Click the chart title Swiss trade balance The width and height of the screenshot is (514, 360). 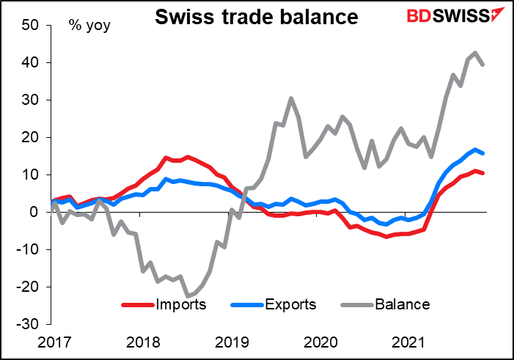tap(256, 17)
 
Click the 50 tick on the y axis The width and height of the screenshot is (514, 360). tap(29, 26)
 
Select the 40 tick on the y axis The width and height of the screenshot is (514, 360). tap(29, 63)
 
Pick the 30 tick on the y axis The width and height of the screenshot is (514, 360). tap(29, 100)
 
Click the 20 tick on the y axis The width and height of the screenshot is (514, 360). tap(29, 138)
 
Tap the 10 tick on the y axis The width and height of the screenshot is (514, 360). tap(29, 175)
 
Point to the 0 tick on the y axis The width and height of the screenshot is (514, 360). tap(34, 212)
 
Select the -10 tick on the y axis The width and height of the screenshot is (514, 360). tap(27, 249)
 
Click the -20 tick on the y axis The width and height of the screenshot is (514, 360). tap(27, 287)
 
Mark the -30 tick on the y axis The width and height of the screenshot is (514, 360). tap(27, 324)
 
